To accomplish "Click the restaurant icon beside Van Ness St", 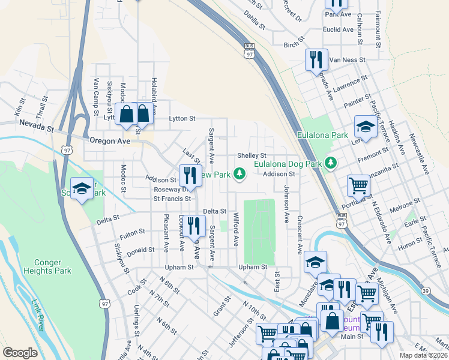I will [316, 60].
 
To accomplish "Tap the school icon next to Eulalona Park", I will [365, 127].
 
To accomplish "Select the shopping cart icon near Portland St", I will [358, 185].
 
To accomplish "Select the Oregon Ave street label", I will [110, 140].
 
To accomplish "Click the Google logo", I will [20, 353].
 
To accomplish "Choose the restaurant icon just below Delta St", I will [191, 226].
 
